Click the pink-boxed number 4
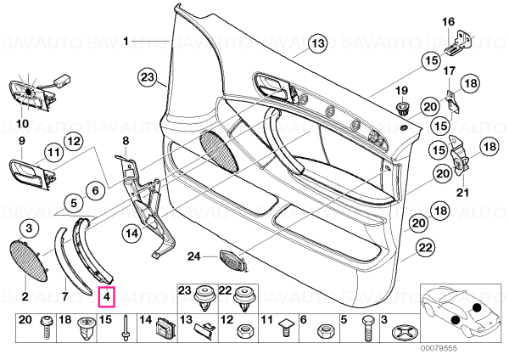(x=107, y=296)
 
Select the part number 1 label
(x=126, y=42)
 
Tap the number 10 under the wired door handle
(x=23, y=123)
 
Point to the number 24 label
(x=194, y=256)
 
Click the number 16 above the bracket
(x=448, y=22)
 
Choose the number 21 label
(x=462, y=193)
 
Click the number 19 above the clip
(x=401, y=91)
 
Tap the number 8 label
(x=126, y=141)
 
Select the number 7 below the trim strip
(x=65, y=296)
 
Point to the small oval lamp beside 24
(x=232, y=260)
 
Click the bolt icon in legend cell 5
(x=366, y=328)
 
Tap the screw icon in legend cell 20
(x=46, y=329)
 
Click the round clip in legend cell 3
(x=403, y=332)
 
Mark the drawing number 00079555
(x=439, y=348)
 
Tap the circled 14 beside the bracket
(x=132, y=233)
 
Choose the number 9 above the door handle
(x=22, y=141)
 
